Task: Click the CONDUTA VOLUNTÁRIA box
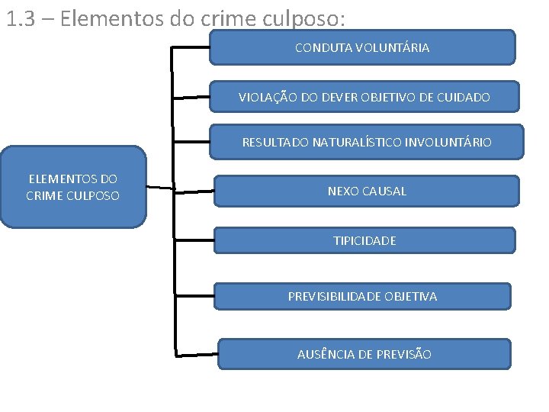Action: tap(362, 47)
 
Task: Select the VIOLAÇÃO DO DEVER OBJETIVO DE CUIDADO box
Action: tap(364, 97)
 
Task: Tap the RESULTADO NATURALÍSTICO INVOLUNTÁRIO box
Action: tap(367, 142)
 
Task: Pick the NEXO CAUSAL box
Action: tap(366, 191)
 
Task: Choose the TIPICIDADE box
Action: tap(364, 240)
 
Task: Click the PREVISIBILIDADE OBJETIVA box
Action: tap(362, 296)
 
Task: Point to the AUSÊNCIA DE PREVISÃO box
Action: tap(364, 354)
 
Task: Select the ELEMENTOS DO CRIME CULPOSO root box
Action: tap(73, 187)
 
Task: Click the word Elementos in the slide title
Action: tap(103, 18)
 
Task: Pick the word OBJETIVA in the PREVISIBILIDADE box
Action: tap(411, 296)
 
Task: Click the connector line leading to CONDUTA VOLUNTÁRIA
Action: tap(191, 47)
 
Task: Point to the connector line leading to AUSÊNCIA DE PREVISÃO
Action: tap(197, 355)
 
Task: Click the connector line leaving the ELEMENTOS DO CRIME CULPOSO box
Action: tap(160, 187)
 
